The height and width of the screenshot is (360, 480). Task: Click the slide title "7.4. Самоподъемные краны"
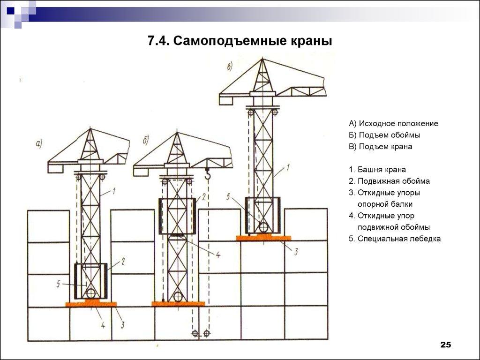(x=240, y=41)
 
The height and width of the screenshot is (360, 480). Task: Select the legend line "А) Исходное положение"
(x=393, y=124)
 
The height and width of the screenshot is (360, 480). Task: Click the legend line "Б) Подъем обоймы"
(x=384, y=135)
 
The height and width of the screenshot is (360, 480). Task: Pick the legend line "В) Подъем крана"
(x=380, y=146)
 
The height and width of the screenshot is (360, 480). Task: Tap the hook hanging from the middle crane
(x=208, y=176)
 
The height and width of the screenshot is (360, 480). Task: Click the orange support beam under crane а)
(x=91, y=304)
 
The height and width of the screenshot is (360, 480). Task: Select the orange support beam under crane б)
(x=178, y=304)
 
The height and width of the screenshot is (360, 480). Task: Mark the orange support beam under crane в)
(x=263, y=238)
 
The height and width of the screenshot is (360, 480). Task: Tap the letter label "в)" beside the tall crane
(x=230, y=67)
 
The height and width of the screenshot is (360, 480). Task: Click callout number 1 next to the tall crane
(x=288, y=166)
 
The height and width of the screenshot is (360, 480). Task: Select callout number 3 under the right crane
(x=296, y=252)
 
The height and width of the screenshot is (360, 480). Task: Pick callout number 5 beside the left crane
(x=58, y=283)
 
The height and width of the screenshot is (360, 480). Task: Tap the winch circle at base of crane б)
(x=178, y=297)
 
